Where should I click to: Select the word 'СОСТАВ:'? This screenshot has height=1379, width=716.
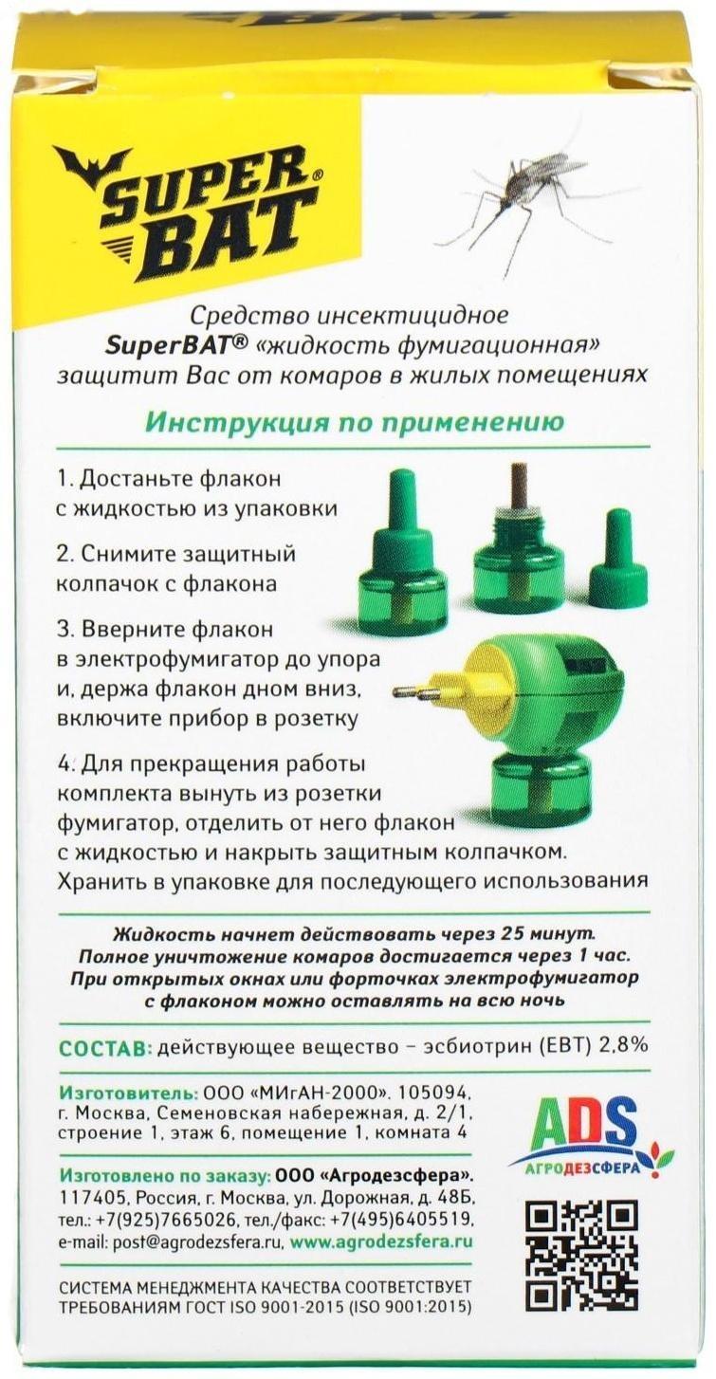pos(104,1048)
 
